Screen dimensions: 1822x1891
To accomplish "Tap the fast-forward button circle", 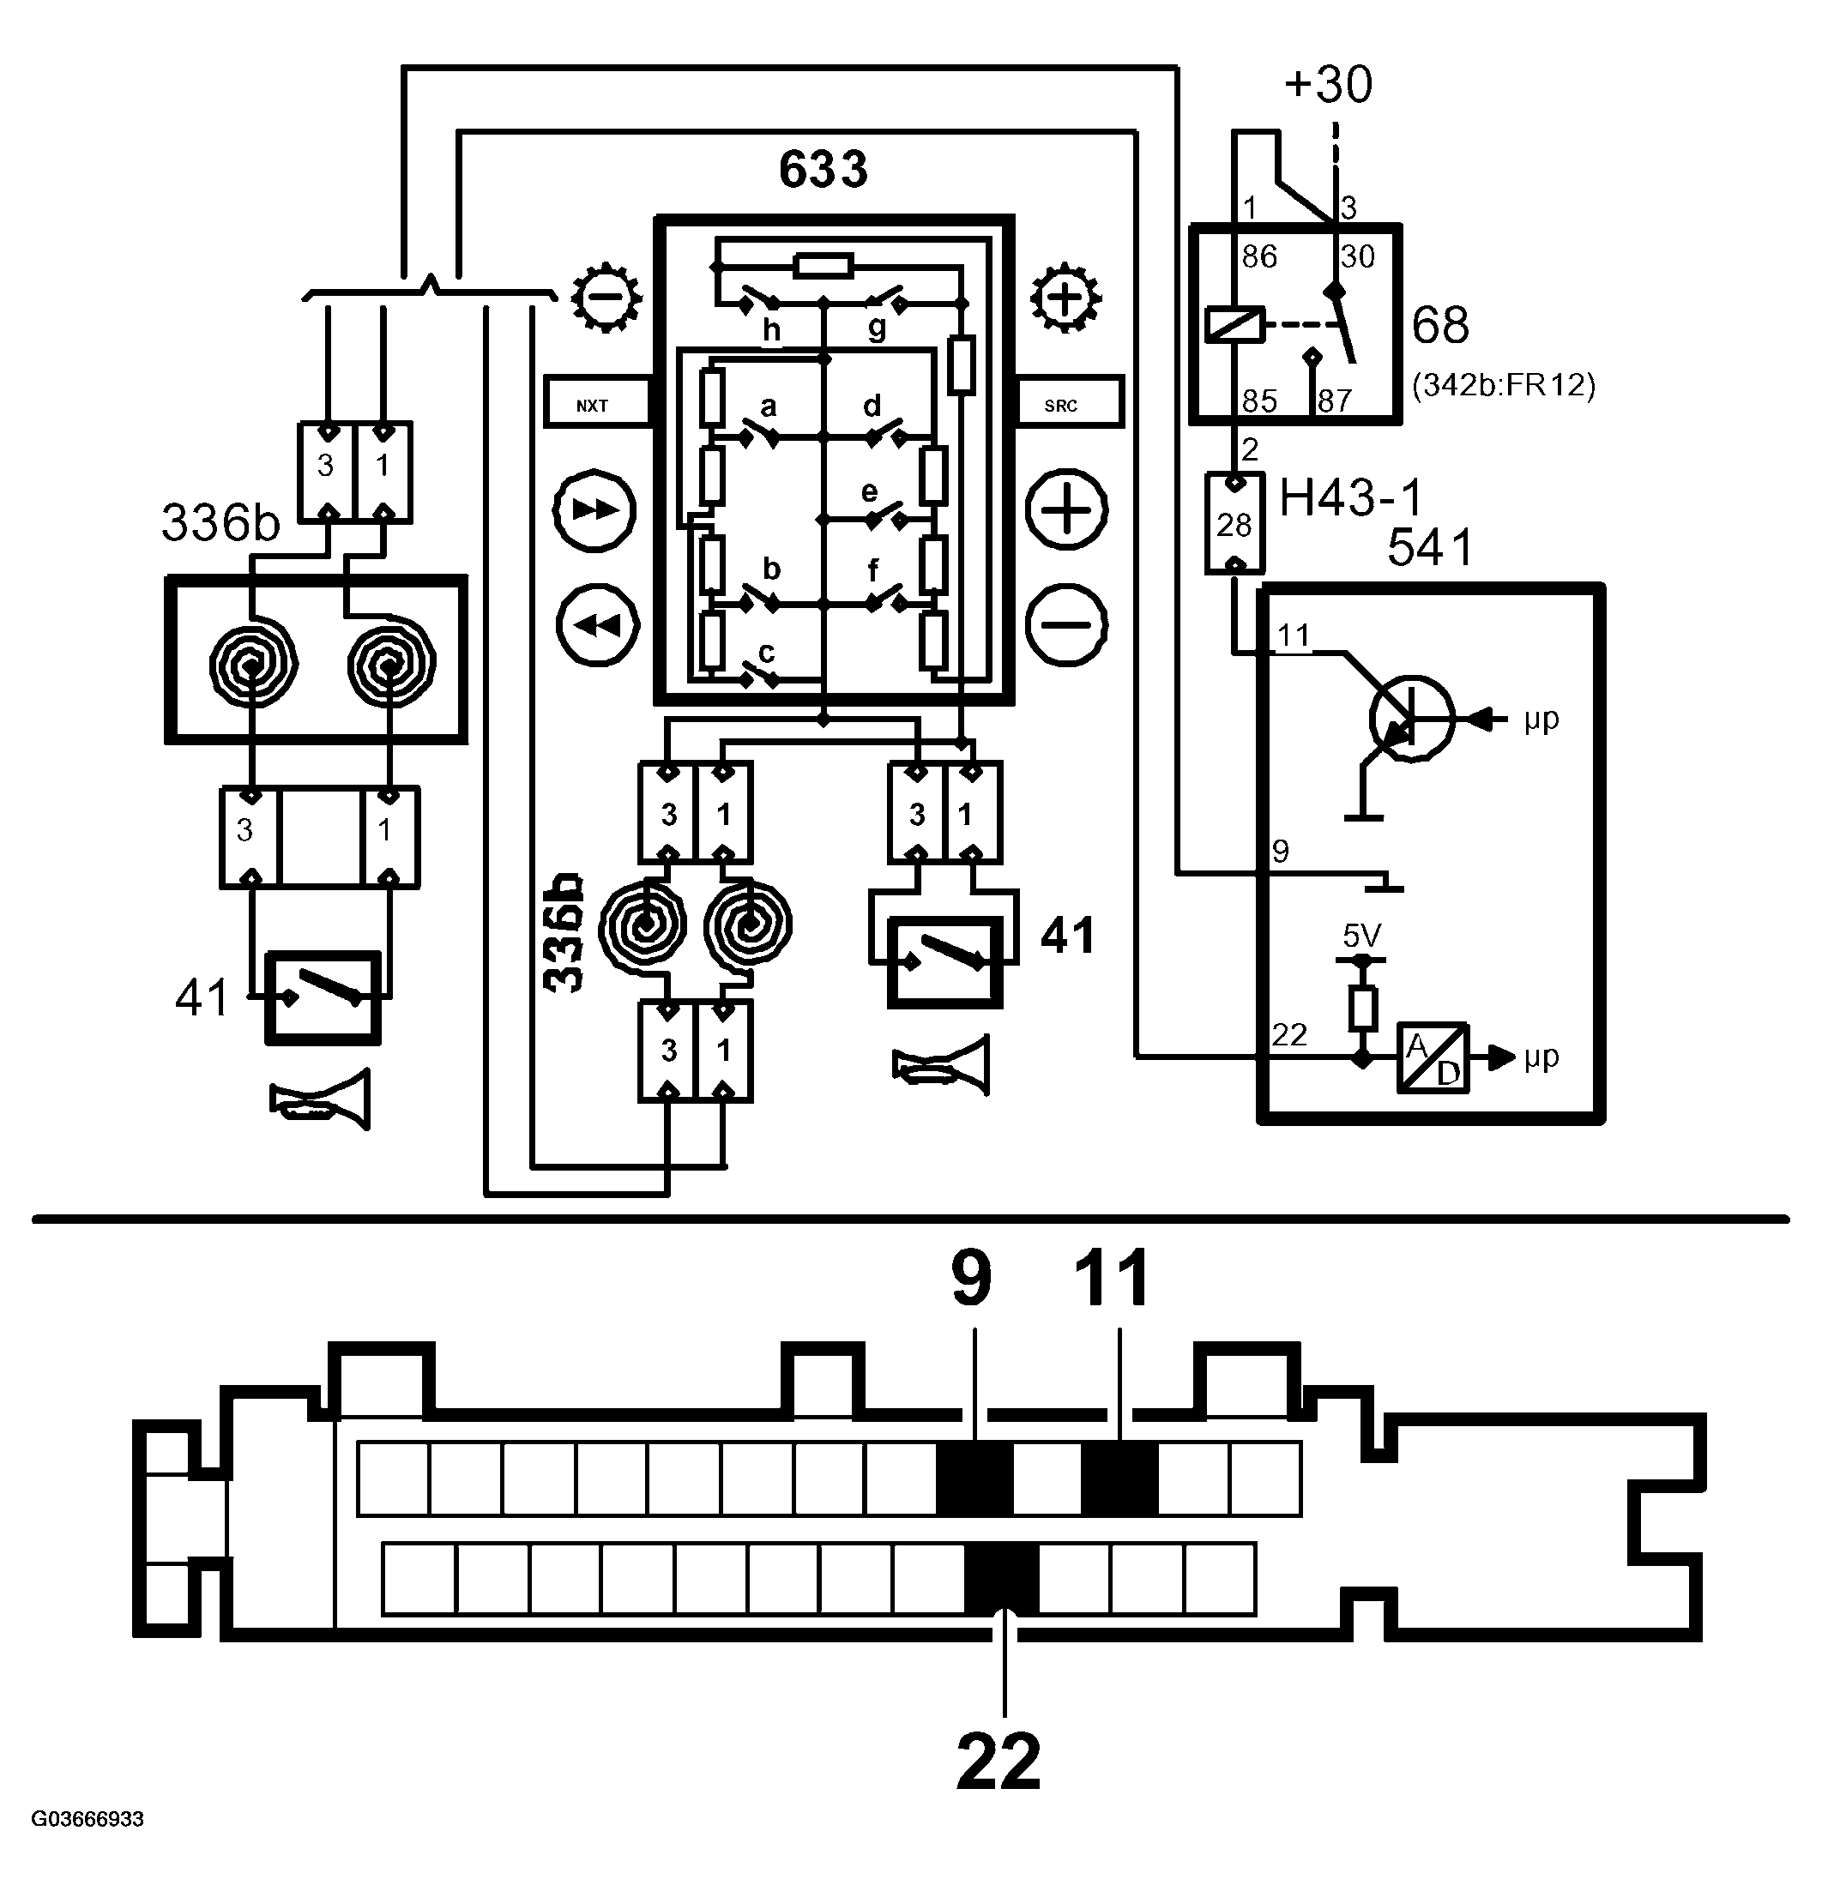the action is [x=594, y=509].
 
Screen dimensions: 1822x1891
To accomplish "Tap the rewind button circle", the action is [x=599, y=624].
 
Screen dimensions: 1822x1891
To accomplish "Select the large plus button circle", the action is [x=1066, y=509].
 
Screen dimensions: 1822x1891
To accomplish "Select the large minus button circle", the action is [x=1066, y=624].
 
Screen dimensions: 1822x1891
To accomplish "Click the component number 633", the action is [x=824, y=170].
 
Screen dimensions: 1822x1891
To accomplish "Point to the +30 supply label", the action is [x=1328, y=84].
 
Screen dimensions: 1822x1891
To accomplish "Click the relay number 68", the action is [x=1439, y=325].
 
